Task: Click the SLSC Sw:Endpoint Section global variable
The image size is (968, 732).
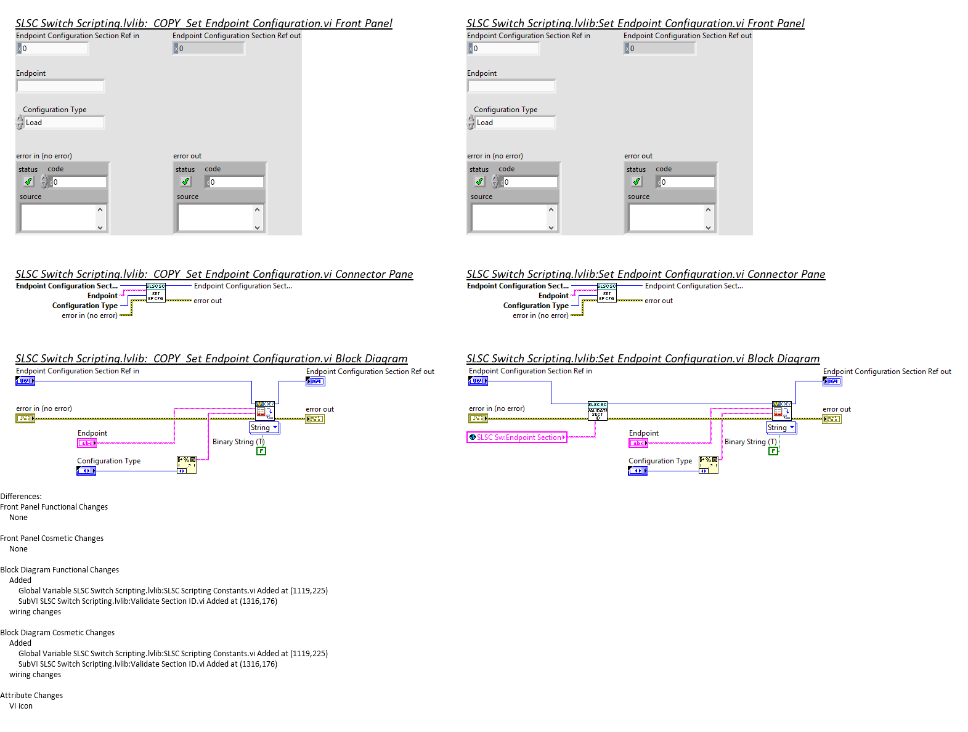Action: point(517,437)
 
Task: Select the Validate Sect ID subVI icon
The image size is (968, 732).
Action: point(598,412)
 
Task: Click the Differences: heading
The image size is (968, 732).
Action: point(21,497)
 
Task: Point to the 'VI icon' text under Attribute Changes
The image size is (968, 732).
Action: point(21,706)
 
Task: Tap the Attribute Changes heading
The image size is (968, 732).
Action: point(31,696)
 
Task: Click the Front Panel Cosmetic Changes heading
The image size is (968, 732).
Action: point(52,539)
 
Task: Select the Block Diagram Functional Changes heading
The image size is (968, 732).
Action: point(60,570)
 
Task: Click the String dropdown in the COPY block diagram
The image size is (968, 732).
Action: point(264,428)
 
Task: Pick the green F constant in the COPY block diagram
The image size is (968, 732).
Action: point(261,451)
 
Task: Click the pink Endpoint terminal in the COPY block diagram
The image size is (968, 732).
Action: point(87,443)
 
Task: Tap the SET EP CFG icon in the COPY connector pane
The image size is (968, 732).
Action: point(155,293)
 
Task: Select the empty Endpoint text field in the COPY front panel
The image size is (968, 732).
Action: point(60,86)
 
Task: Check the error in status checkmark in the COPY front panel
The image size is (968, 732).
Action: point(28,182)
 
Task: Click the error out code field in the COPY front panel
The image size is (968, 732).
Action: point(236,182)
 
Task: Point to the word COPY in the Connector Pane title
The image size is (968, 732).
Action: point(167,274)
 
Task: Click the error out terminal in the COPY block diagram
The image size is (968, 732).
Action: point(314,419)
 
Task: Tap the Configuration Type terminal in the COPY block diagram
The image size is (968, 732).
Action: point(86,471)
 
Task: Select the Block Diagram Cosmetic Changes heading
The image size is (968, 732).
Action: point(57,633)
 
